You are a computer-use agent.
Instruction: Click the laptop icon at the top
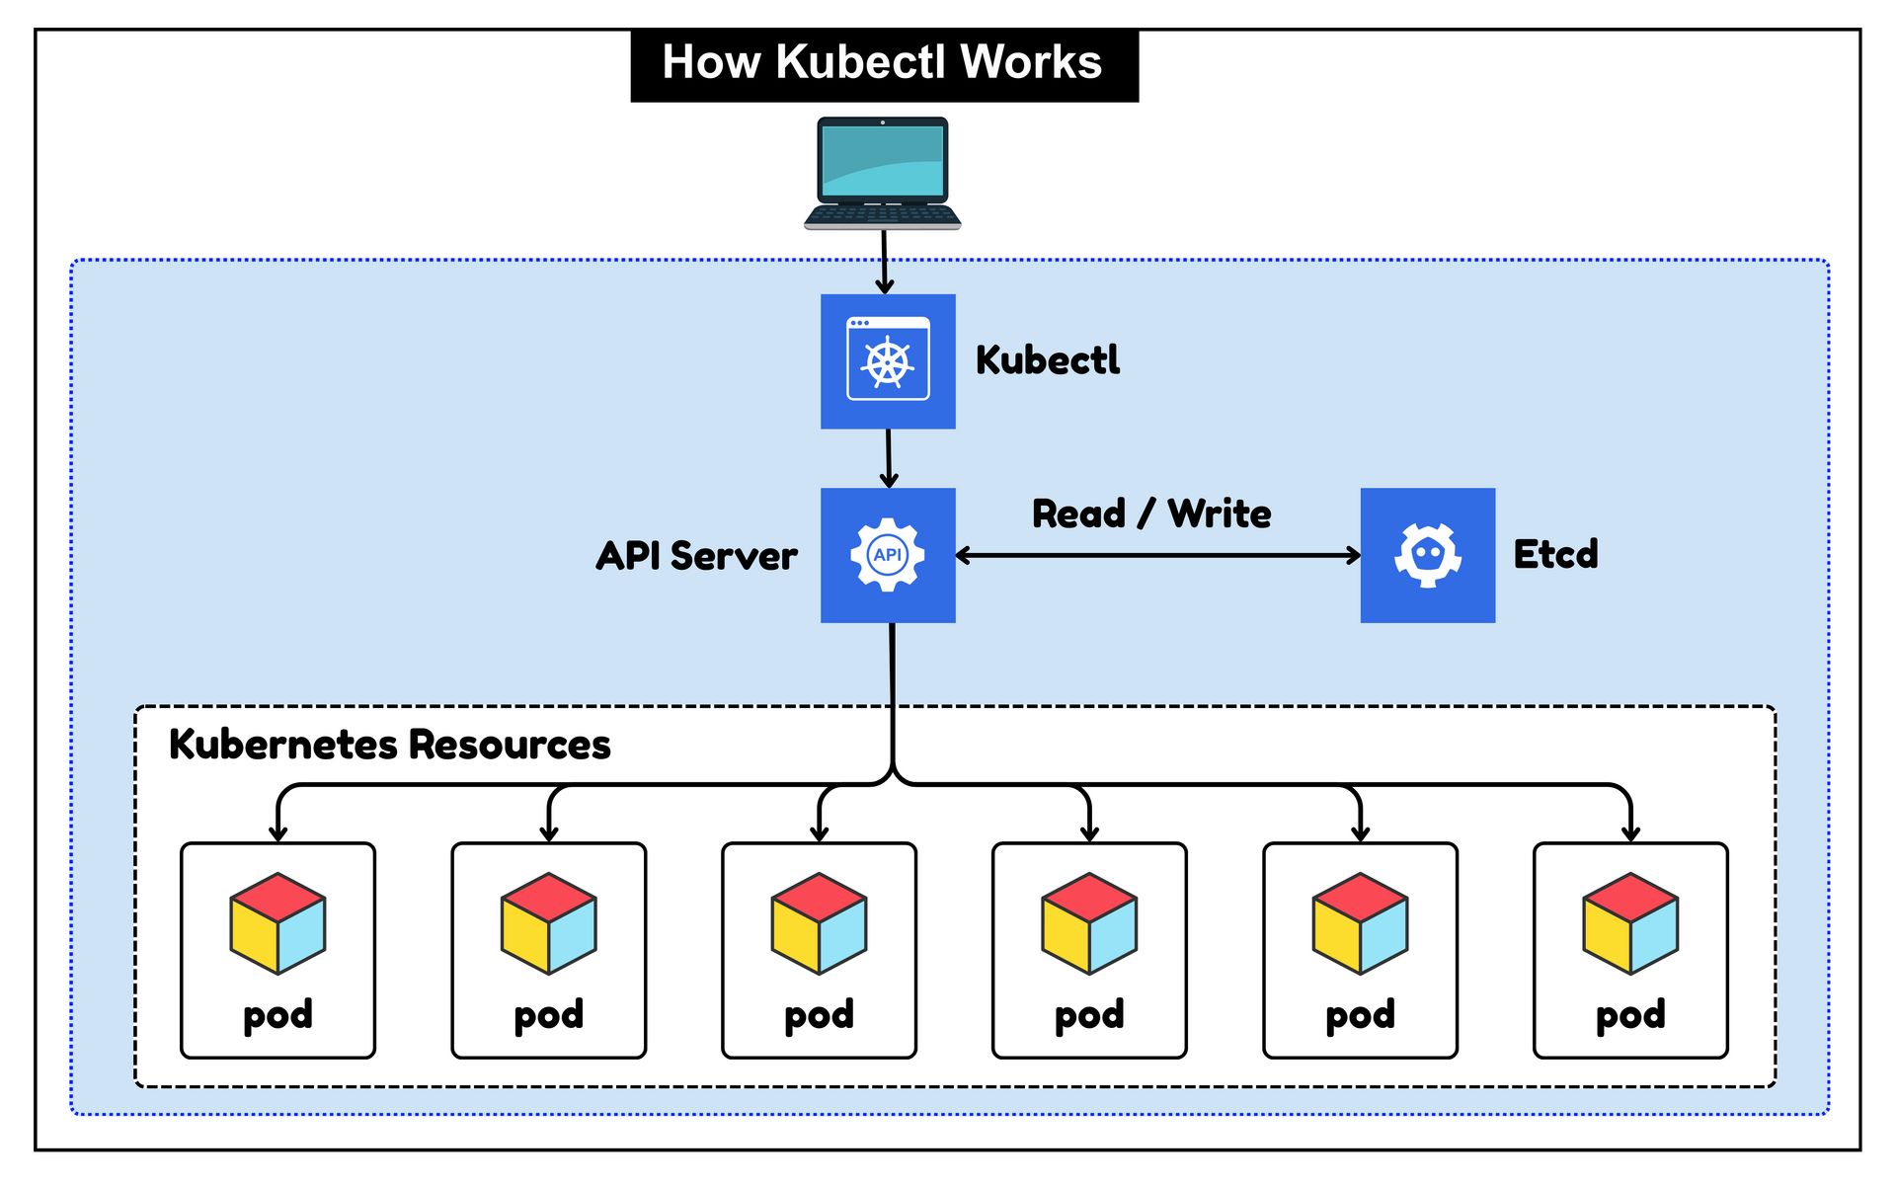(882, 173)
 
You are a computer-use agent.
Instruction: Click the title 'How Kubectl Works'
(882, 62)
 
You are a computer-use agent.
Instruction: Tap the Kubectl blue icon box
(888, 361)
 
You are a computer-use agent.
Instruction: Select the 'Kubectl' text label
(1047, 360)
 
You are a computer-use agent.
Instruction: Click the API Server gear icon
(888, 555)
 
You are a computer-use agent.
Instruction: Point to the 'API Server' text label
(696, 556)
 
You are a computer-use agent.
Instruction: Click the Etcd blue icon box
(1427, 555)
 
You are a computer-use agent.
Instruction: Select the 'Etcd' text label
(1555, 554)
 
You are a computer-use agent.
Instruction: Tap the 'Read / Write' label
(1151, 513)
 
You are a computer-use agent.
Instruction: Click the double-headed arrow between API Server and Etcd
(1157, 556)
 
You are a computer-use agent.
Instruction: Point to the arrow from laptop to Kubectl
(884, 262)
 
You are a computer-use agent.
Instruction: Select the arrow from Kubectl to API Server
(889, 458)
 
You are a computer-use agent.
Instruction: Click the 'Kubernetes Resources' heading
(389, 745)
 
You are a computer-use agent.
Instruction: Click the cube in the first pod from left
(277, 923)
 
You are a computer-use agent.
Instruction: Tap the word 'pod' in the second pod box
(548, 1015)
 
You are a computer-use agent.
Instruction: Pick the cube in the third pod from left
(819, 923)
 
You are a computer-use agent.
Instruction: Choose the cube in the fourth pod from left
(1089, 923)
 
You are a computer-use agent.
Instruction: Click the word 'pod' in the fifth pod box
(1360, 1015)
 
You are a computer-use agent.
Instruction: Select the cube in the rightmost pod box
(1630, 923)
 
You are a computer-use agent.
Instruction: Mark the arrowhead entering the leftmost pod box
(278, 833)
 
